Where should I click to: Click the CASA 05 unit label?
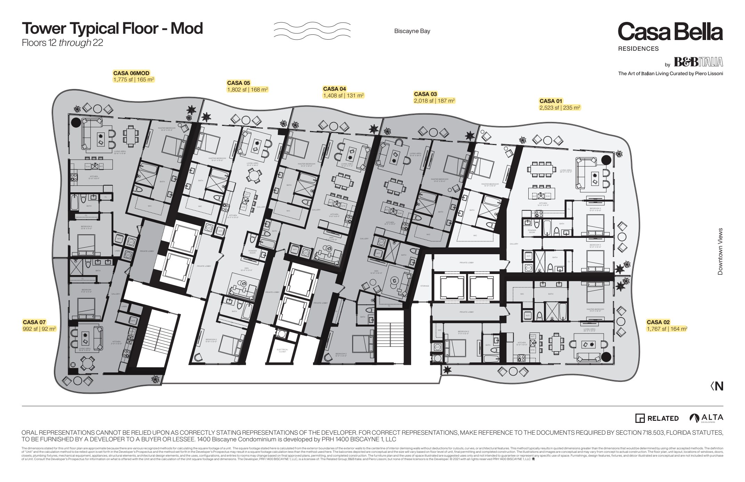pyautogui.click(x=239, y=83)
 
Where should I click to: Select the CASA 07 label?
pyautogui.click(x=34, y=322)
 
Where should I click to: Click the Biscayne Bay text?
pyautogui.click(x=412, y=31)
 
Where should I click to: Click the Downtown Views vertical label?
pyautogui.click(x=720, y=251)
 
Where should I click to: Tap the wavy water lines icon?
pyautogui.click(x=312, y=30)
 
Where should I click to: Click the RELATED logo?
pyautogui.click(x=657, y=418)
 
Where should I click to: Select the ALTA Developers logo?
pyautogui.click(x=706, y=418)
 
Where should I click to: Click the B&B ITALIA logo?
pyautogui.click(x=698, y=62)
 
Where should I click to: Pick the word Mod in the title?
pyautogui.click(x=187, y=28)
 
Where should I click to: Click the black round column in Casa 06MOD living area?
pyautogui.click(x=76, y=122)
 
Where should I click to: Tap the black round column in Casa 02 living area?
pyautogui.click(x=606, y=356)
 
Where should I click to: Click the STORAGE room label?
pyautogui.click(x=425, y=286)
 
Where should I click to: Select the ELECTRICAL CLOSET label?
pyautogui.click(x=282, y=351)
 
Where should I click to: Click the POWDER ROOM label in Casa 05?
pyautogui.click(x=253, y=251)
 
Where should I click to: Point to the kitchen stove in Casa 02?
pyautogui.click(x=521, y=358)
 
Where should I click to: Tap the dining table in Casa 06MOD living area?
pyautogui.click(x=131, y=136)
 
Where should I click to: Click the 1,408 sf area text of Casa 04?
pyautogui.click(x=343, y=95)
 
